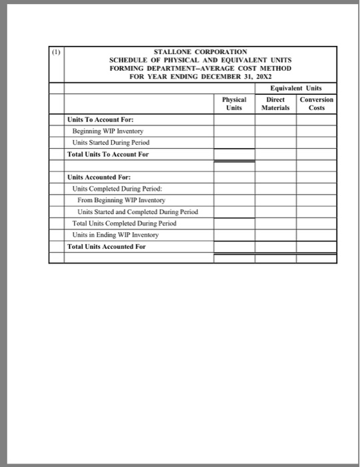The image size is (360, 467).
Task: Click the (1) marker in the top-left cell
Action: [55, 51]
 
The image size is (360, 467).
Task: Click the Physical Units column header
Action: [233, 103]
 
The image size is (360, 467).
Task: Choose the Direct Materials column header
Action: [275, 103]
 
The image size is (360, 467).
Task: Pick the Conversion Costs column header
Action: [317, 103]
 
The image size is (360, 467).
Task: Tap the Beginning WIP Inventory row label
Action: [108, 131]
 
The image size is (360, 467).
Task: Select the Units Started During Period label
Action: [111, 143]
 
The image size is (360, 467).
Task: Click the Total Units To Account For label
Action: [108, 154]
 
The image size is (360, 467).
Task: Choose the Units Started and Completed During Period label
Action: [137, 212]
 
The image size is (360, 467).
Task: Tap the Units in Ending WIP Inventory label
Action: [116, 235]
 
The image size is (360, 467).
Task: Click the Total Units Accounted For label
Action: [106, 246]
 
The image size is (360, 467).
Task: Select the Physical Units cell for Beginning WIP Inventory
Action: [233, 131]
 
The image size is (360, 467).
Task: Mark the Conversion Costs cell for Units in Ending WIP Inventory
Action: [316, 235]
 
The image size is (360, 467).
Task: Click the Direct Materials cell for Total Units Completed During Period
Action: [275, 223]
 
